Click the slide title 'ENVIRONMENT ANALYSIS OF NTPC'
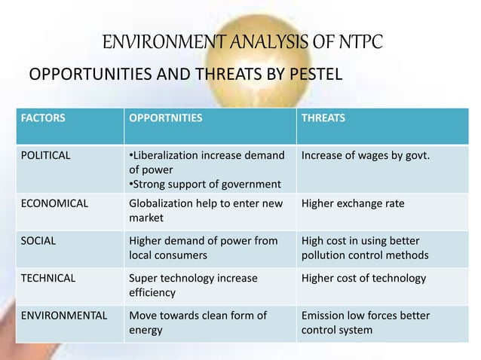pos(242,41)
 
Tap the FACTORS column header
pos(43,118)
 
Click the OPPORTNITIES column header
pos(166,118)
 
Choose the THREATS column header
pos(323,118)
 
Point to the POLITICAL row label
pos(46,156)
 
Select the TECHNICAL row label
pos(48,278)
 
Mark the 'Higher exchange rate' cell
pos(352,203)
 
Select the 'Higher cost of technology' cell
pos(363,278)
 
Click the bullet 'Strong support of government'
pos(205,185)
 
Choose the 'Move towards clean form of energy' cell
pos(198,322)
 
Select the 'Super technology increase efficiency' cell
pos(193,285)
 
